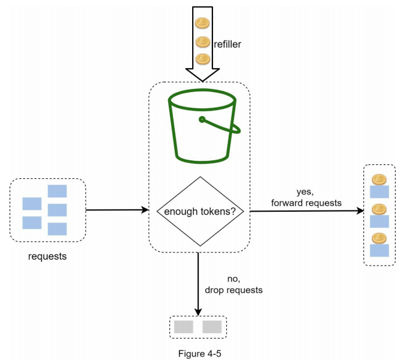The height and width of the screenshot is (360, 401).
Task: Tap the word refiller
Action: (x=227, y=43)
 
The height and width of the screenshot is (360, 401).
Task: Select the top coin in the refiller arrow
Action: (x=202, y=23)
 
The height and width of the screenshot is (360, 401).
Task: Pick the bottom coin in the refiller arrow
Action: (x=202, y=59)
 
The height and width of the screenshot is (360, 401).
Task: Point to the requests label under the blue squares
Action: (x=48, y=257)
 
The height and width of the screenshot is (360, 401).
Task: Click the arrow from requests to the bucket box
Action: (x=117, y=210)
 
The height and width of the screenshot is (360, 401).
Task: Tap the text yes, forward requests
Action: (x=306, y=197)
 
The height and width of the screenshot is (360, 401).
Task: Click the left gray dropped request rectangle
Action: (x=184, y=327)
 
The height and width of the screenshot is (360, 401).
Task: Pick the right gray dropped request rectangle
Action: (x=212, y=327)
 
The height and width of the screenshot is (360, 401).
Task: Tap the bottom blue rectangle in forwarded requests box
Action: (x=379, y=250)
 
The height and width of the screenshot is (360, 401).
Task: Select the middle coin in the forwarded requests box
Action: (x=378, y=209)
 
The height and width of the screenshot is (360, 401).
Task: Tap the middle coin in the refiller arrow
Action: (x=202, y=41)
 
